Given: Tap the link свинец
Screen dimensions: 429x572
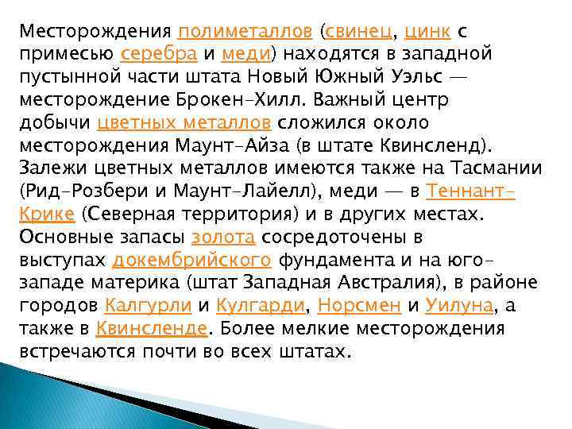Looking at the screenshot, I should click(357, 32).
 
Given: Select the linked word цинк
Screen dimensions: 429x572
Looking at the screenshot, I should click(428, 32).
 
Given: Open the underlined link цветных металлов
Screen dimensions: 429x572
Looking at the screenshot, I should click(184, 123).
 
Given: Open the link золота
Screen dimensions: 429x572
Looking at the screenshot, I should click(223, 238).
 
